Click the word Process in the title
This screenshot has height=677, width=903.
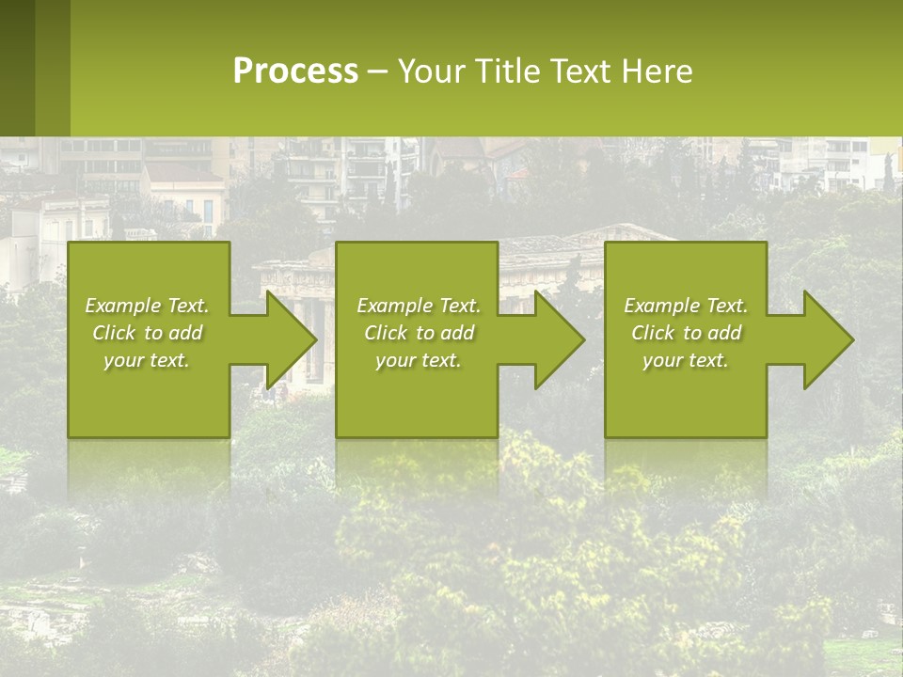point(295,71)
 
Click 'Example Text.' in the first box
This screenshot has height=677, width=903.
point(147,306)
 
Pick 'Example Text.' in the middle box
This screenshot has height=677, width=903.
point(419,306)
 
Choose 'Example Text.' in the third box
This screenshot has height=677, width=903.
point(686,306)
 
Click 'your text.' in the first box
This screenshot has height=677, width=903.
point(147,360)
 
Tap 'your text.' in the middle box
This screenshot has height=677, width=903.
point(419,360)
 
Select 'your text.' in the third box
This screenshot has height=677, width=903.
point(686,360)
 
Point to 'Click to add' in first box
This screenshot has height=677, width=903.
point(147,333)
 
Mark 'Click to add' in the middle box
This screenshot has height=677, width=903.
point(419,333)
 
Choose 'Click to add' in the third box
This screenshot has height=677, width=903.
point(686,333)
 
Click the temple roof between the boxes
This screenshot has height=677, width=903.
point(555,241)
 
